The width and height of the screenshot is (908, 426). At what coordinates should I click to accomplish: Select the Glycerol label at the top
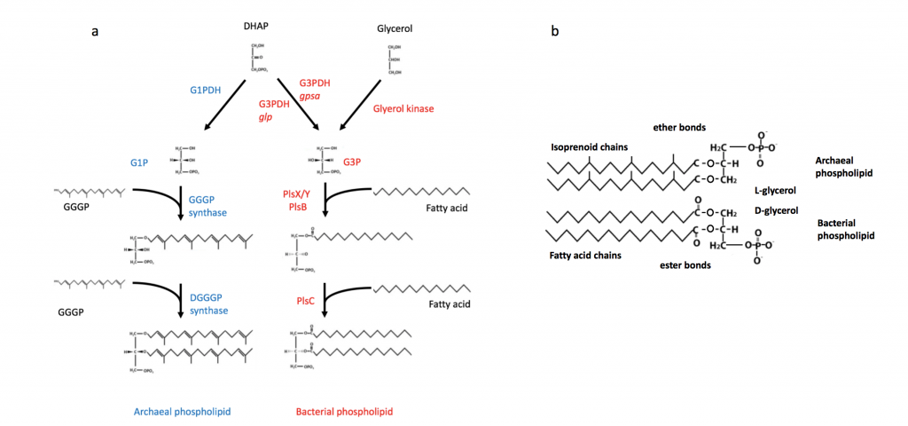tap(395, 28)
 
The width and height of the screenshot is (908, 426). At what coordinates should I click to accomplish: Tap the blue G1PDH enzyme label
tap(208, 91)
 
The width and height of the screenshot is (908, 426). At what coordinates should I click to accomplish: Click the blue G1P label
tap(139, 162)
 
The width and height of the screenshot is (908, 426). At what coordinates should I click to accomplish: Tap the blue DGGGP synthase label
tap(206, 304)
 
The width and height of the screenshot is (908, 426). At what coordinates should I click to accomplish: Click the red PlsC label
tap(306, 302)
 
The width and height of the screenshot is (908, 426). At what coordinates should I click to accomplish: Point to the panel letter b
tap(555, 32)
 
